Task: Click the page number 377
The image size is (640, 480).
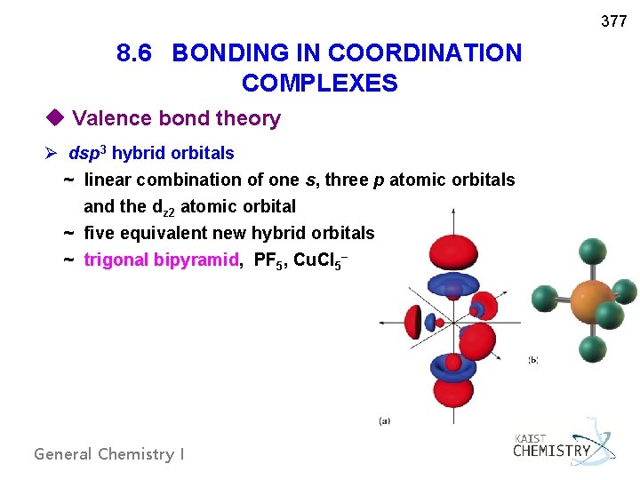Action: [613, 21]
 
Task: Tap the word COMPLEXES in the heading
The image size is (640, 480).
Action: [319, 84]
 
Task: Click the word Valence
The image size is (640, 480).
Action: [107, 118]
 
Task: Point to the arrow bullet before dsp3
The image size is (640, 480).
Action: [57, 153]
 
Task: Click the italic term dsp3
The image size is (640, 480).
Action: [88, 153]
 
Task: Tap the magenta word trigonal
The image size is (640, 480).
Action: [116, 260]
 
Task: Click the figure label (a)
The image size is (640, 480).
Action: [384, 420]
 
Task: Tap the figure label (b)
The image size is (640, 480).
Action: [532, 359]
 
